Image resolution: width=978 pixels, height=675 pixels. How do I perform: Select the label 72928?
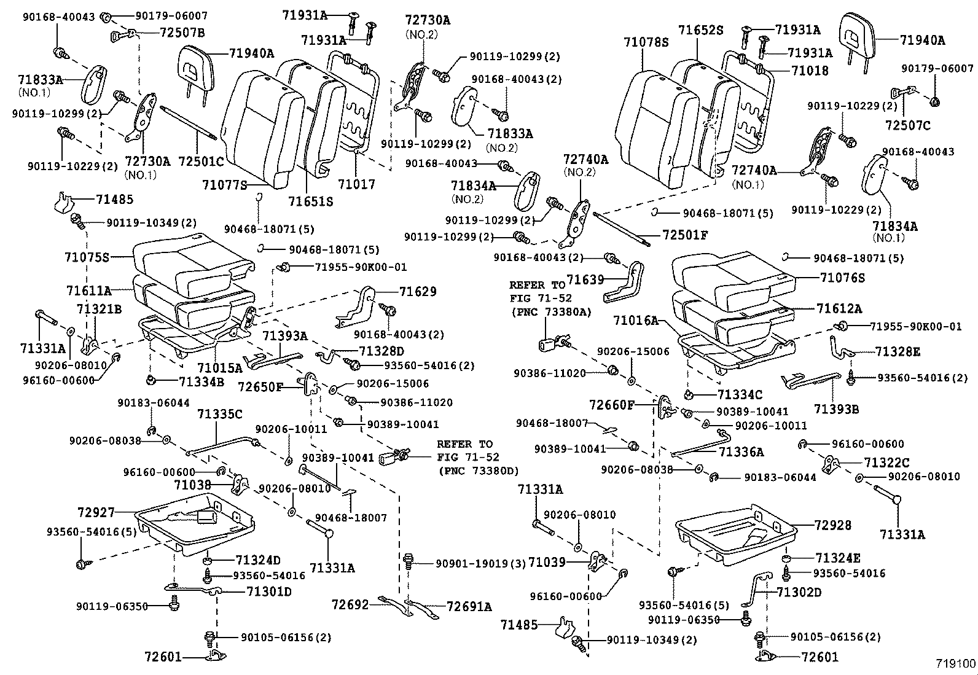[x=833, y=525]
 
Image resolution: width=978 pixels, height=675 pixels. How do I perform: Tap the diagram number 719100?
[x=955, y=664]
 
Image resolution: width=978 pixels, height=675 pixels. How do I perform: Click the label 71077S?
[x=224, y=184]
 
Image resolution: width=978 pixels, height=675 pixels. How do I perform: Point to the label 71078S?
[x=645, y=42]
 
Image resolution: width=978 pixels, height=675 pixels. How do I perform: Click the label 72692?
[x=350, y=605]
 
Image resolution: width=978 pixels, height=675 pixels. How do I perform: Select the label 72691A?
[x=469, y=607]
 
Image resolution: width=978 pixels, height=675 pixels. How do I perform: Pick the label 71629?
[x=418, y=291]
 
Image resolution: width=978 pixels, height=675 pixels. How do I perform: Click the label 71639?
[x=585, y=280]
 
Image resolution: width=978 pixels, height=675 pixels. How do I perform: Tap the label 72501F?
[x=685, y=235]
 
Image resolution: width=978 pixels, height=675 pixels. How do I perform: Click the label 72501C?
[x=201, y=161]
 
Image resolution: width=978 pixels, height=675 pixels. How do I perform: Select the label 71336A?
[x=741, y=452]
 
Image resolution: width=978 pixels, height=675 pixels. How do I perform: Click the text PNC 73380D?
[x=479, y=471]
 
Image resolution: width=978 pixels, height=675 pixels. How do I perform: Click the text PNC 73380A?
[x=551, y=312]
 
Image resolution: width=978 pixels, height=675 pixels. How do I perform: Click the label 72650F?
[x=260, y=387]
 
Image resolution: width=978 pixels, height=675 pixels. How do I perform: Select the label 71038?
[x=192, y=485]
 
